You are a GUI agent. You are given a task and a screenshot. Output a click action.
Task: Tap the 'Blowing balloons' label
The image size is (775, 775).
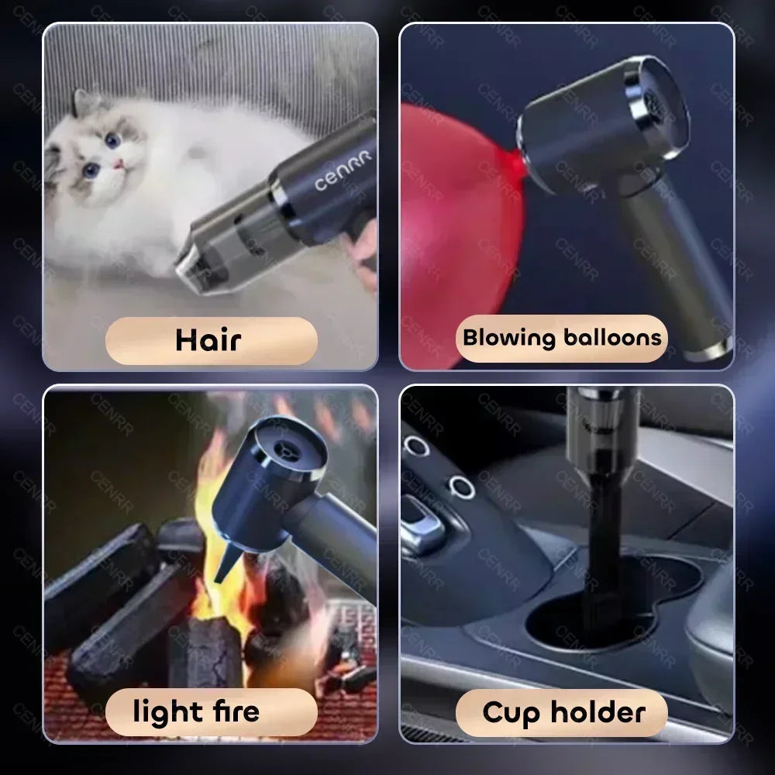562,338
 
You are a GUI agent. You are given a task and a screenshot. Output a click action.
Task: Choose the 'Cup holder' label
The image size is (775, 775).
563,711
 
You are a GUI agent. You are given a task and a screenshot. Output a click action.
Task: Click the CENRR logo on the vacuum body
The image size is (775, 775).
343,170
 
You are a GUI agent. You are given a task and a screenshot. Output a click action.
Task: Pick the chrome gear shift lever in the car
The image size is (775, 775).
422,527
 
